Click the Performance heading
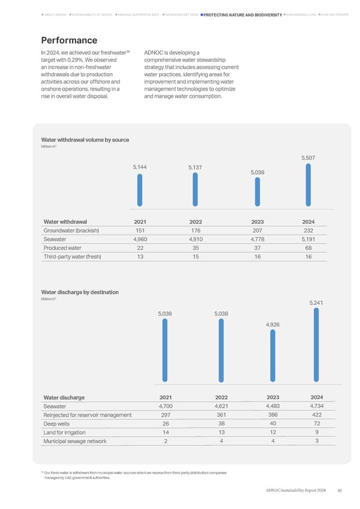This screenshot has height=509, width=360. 69,40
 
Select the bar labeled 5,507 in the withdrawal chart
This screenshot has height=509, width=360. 308,184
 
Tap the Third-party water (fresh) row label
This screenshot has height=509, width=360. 72,256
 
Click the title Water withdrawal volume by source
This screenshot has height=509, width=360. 85,140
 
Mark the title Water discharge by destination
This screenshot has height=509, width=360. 80,292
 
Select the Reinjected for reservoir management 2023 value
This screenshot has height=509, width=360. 273,415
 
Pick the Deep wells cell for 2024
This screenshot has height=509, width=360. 316,424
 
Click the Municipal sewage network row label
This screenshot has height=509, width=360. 75,441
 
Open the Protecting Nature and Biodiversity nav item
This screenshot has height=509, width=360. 242,14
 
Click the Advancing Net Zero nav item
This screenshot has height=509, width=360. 180,14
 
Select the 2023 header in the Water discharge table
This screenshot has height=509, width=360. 273,397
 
